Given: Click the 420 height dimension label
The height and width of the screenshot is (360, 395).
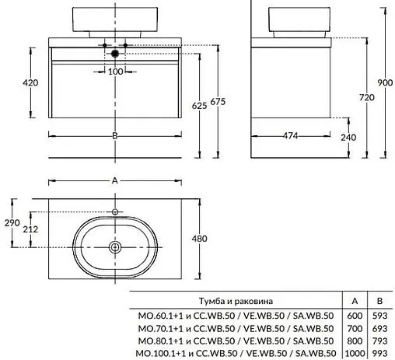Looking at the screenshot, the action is [x=30, y=82].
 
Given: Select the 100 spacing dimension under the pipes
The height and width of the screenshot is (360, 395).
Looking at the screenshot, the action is [x=115, y=72].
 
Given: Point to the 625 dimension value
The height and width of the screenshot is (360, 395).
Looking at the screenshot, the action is [x=199, y=106].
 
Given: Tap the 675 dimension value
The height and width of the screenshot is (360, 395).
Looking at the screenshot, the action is [x=218, y=102].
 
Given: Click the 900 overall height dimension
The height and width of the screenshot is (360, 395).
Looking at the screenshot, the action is [x=385, y=82].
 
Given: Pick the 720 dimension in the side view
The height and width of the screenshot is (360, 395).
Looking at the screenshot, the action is [x=367, y=97].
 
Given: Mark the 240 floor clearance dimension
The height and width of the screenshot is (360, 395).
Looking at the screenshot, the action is [x=348, y=138].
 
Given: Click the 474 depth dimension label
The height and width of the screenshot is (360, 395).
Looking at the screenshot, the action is [x=290, y=135].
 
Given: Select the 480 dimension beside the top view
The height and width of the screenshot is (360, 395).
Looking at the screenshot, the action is [x=199, y=239].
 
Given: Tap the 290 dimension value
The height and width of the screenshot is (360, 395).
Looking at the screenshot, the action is [x=12, y=222].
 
